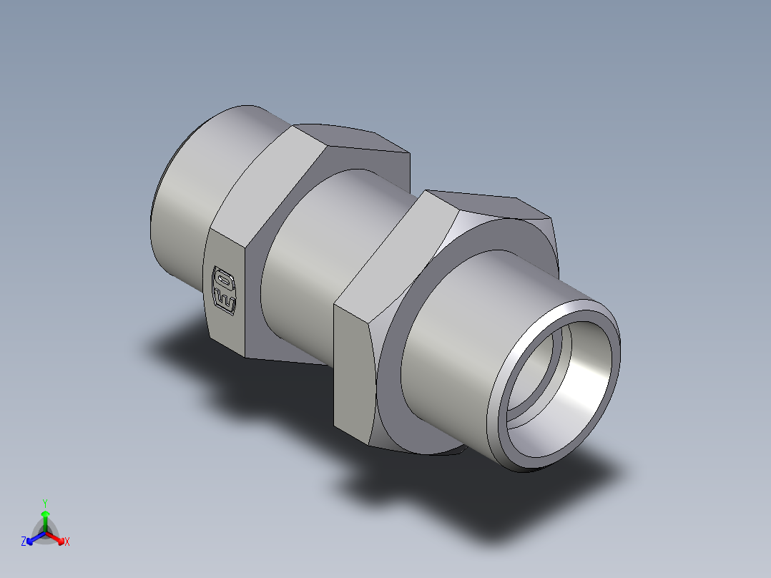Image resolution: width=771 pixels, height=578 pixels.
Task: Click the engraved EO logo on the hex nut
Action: [x=225, y=289]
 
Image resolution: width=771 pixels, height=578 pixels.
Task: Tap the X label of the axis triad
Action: [x=67, y=542]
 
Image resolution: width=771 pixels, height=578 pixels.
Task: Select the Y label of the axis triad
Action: [x=45, y=503]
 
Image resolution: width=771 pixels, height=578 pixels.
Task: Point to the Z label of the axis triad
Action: [x=24, y=542]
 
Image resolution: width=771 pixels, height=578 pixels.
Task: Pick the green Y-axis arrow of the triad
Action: [x=45, y=519]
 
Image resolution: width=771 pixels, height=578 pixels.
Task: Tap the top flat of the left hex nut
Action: [x=350, y=139]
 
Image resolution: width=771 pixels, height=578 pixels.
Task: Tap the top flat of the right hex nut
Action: [x=486, y=204]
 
